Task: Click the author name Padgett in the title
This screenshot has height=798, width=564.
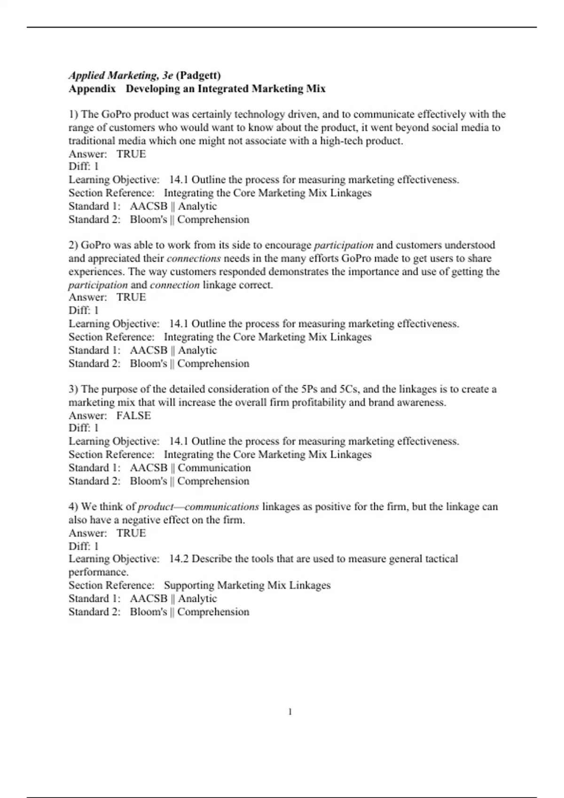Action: coord(198,76)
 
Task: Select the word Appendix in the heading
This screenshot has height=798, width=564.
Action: coord(92,89)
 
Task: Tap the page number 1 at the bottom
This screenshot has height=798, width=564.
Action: coord(290,712)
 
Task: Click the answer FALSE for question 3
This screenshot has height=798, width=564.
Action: coord(133,415)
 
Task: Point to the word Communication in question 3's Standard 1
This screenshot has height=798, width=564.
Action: coord(214,468)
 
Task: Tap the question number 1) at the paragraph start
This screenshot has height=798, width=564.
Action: coord(74,115)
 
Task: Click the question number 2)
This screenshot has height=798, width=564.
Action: coord(74,245)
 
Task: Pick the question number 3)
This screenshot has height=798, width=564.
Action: coord(74,389)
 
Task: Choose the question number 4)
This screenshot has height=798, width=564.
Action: coord(74,507)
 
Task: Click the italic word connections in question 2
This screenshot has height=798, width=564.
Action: coord(194,258)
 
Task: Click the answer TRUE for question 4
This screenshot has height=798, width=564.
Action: coord(131,533)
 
